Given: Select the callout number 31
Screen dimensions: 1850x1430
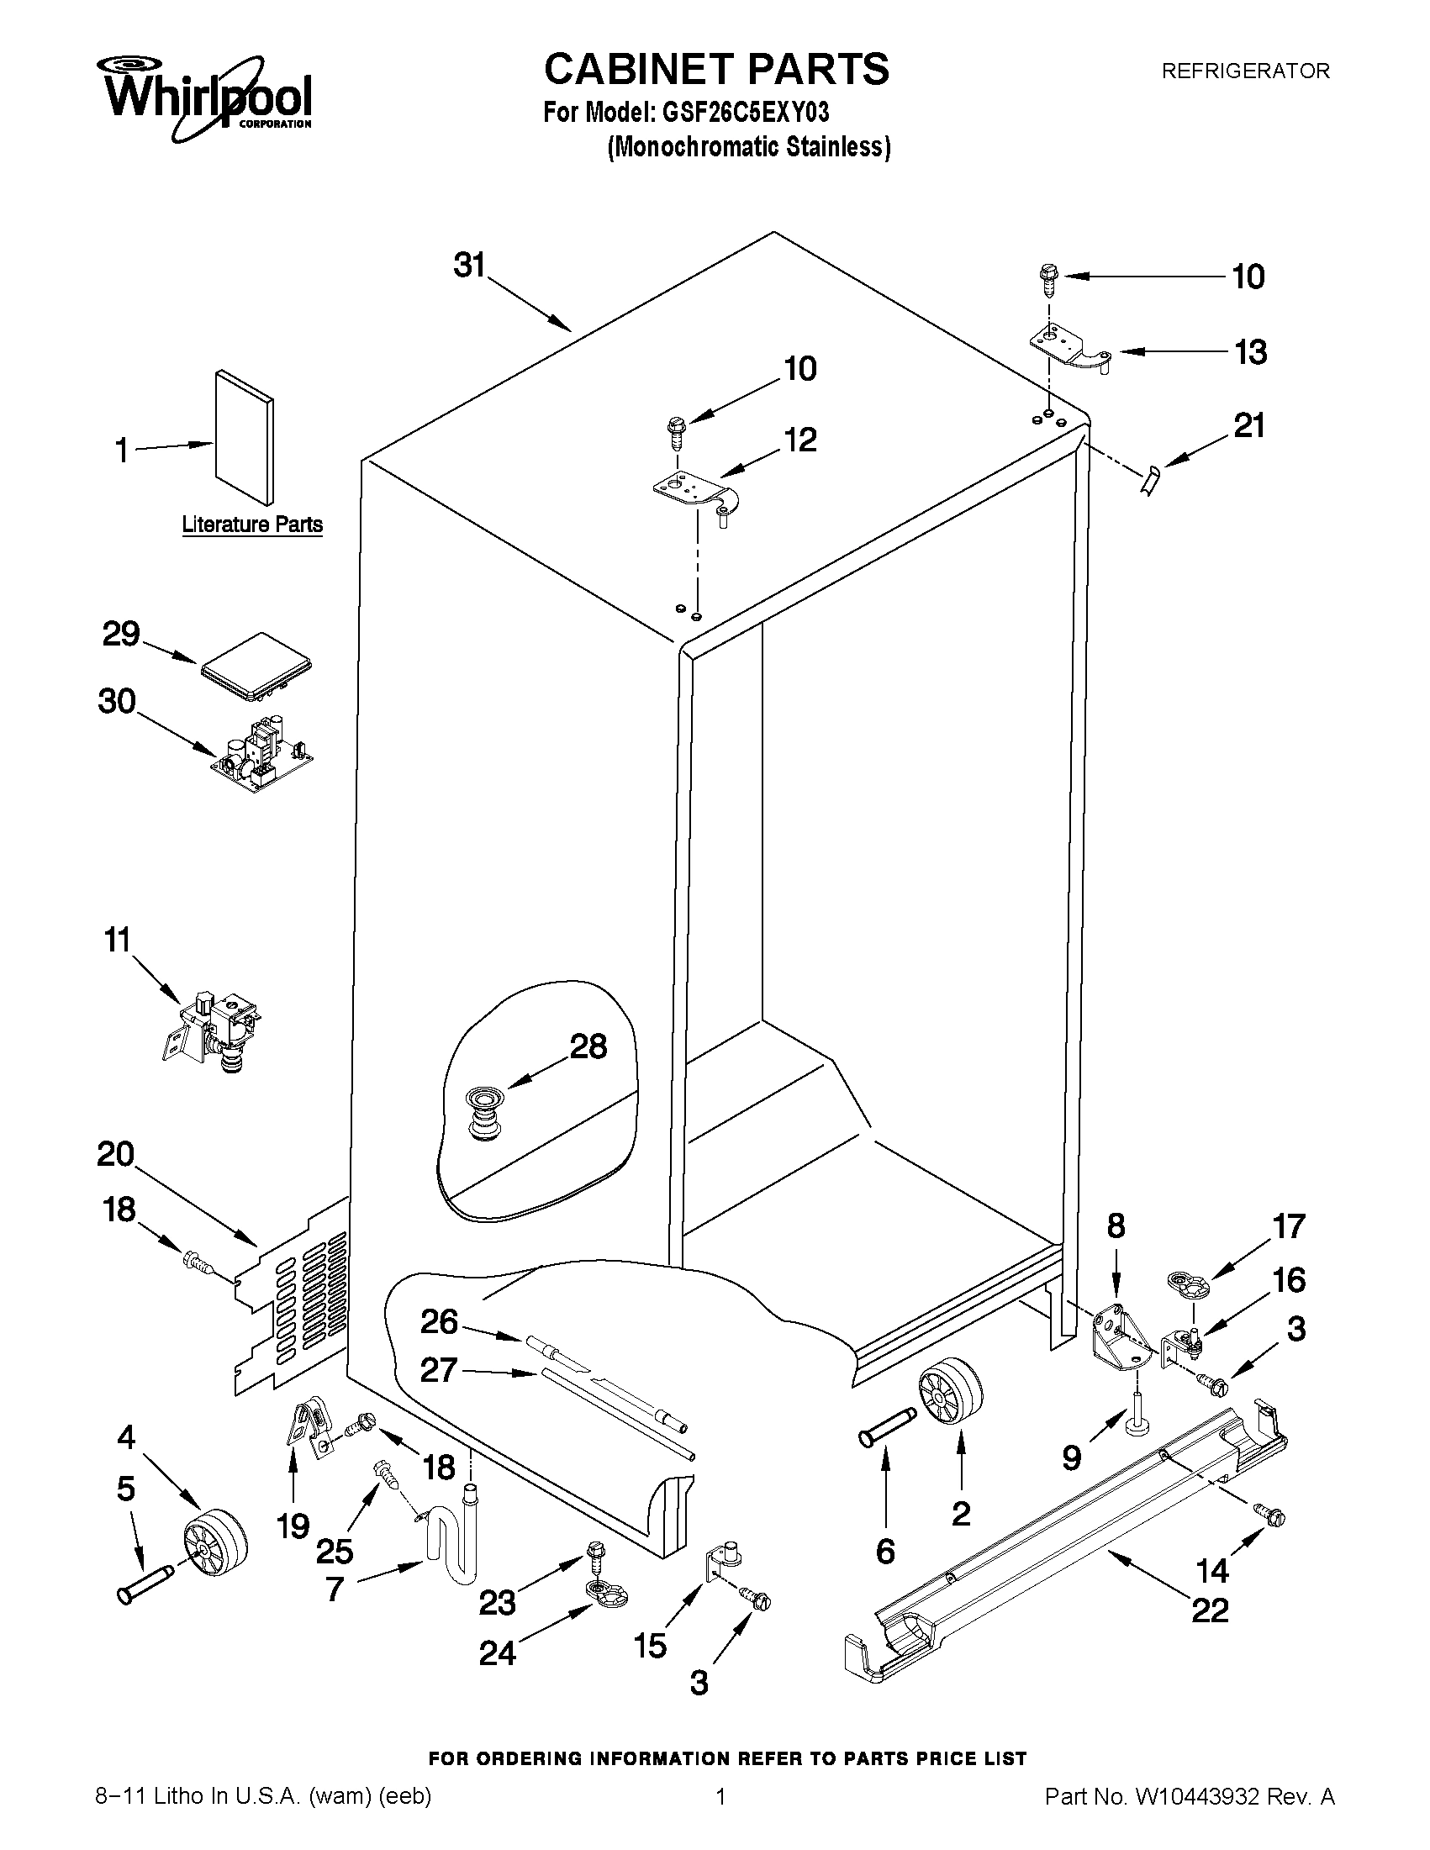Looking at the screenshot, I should pyautogui.click(x=469, y=265).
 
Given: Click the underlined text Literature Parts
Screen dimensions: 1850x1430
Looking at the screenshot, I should pyautogui.click(x=252, y=524).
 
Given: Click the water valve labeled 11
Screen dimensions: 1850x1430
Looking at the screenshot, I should pyautogui.click(x=213, y=1029).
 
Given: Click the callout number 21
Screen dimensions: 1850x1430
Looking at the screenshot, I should pyautogui.click(x=1249, y=425).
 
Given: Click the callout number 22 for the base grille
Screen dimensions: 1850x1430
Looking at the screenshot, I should pyautogui.click(x=1210, y=1609).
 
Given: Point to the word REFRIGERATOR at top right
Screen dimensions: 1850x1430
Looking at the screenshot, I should pyautogui.click(x=1244, y=71).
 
